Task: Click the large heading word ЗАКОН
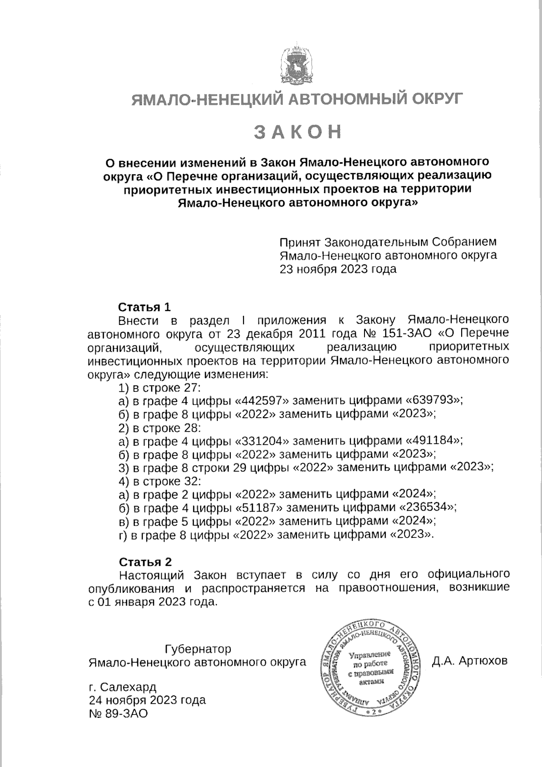297,132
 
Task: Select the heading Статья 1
145,307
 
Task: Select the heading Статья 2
145,562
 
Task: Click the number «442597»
262,400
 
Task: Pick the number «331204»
262,441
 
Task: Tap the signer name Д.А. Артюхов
470,661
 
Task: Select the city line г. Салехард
122,687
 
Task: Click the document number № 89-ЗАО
118,714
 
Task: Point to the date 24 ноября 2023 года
147,701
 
